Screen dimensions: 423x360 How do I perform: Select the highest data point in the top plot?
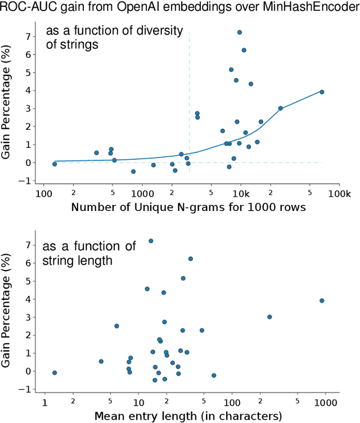240,33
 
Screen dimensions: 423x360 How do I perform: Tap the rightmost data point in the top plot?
322,92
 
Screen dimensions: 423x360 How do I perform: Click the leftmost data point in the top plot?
55,164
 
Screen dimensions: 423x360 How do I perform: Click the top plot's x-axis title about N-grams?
188,207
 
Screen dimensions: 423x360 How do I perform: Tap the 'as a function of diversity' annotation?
112,37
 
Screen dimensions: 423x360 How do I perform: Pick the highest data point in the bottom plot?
151,241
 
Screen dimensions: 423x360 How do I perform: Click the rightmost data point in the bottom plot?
322,300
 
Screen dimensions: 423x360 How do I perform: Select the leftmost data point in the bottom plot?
55,372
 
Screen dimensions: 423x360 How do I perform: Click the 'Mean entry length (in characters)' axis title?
188,416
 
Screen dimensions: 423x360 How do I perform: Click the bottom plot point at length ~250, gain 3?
269,317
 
